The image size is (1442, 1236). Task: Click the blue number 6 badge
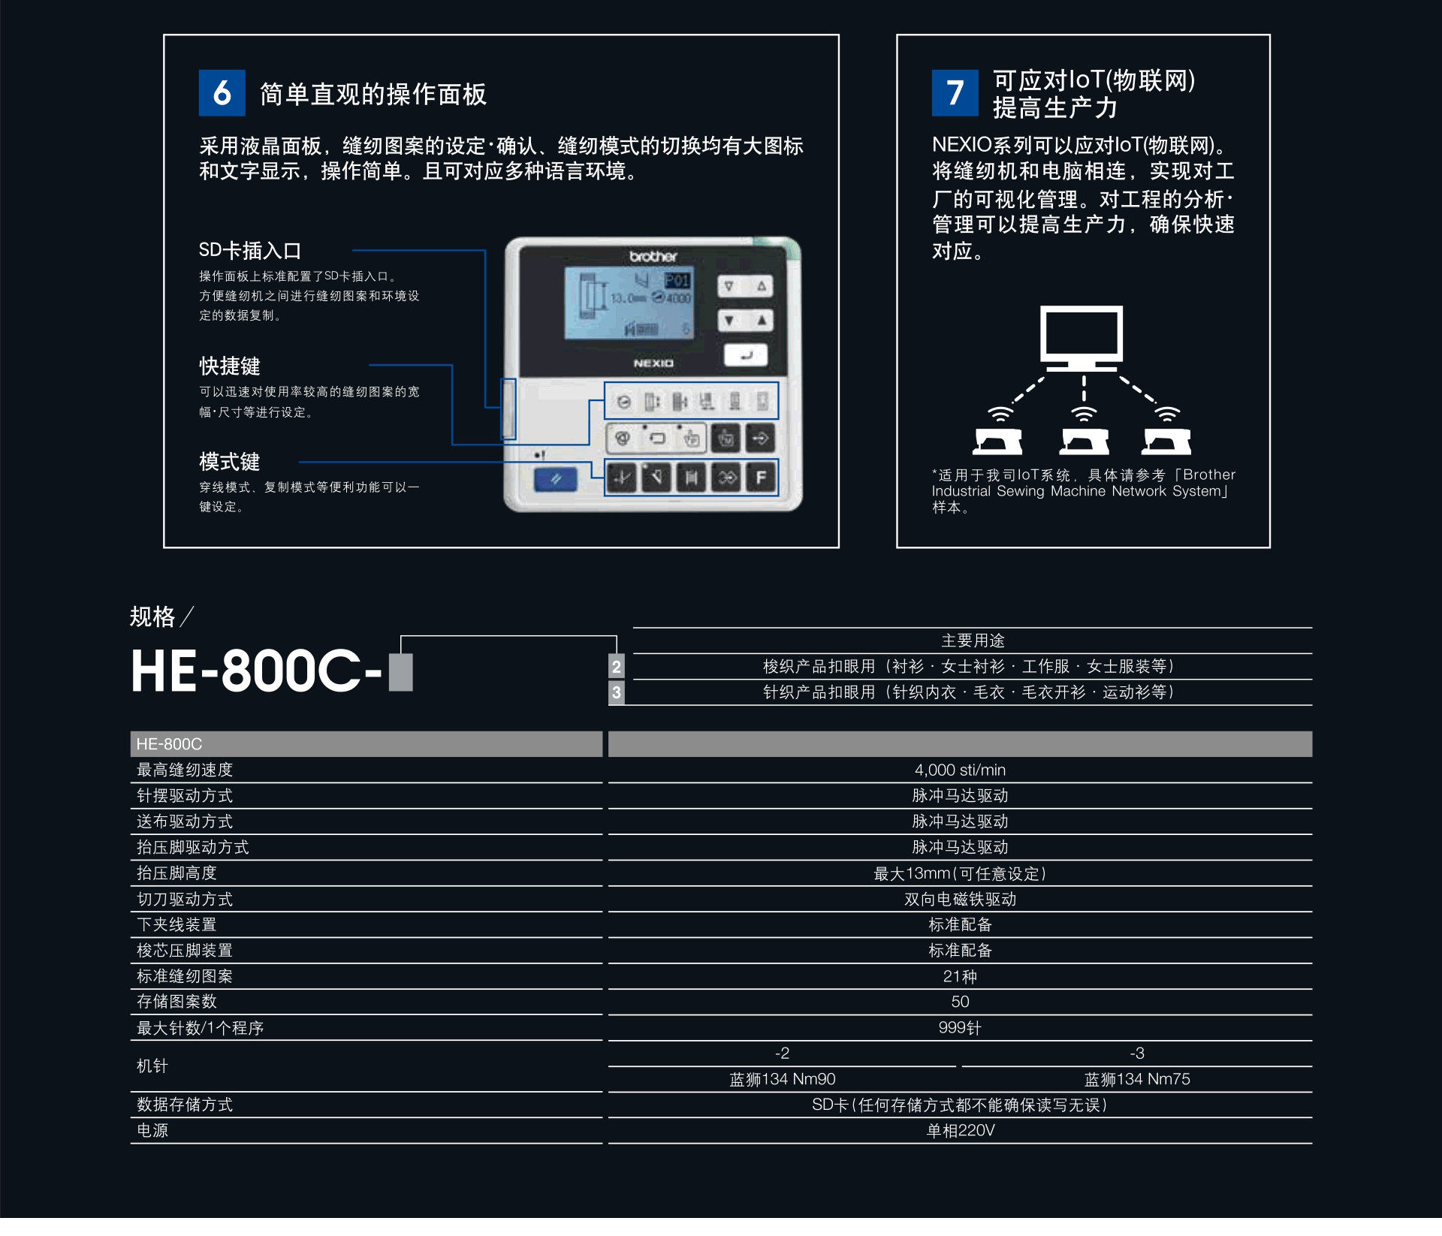[222, 93]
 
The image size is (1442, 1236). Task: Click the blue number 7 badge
[955, 93]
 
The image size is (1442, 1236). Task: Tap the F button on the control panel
[761, 478]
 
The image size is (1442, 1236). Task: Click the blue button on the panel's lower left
[555, 479]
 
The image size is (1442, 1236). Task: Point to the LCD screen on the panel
[629, 302]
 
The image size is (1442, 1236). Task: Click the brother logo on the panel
[653, 257]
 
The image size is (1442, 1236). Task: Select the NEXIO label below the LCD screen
[653, 363]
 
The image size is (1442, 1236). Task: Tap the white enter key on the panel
[745, 355]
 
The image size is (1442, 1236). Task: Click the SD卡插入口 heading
[250, 251]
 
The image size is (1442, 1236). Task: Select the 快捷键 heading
[230, 366]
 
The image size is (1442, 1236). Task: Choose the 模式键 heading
[230, 462]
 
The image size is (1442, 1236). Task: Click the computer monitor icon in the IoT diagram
[1081, 338]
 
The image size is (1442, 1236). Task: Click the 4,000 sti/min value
[960, 770]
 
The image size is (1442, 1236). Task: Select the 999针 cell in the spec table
[960, 1028]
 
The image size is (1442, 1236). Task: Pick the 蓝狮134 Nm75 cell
[1137, 1079]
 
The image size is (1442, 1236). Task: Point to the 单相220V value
[961, 1131]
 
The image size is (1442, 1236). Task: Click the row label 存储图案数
[176, 1002]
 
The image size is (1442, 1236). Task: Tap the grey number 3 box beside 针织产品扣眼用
[616, 692]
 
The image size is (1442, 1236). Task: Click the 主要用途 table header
[973, 641]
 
